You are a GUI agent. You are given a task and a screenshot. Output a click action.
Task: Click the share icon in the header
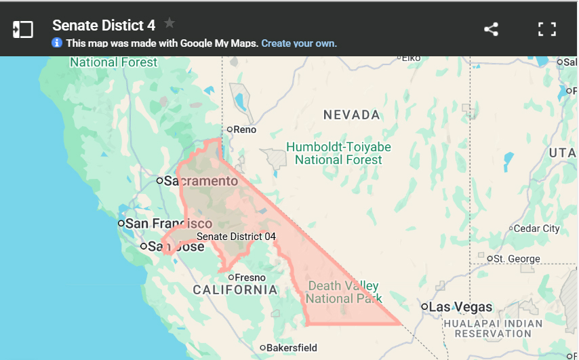(x=491, y=29)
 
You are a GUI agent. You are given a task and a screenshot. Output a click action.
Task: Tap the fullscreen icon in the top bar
(x=547, y=29)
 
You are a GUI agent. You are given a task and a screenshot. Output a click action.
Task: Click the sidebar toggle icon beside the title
(x=23, y=29)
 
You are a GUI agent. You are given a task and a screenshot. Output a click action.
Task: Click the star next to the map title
(x=169, y=24)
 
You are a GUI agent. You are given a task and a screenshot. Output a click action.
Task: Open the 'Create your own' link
(x=299, y=43)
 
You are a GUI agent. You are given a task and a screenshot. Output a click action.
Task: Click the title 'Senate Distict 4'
(x=104, y=25)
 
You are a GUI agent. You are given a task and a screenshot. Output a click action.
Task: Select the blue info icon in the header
(x=57, y=43)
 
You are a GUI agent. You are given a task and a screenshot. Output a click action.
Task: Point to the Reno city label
(x=245, y=129)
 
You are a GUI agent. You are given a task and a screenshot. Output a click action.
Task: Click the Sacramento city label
(x=201, y=181)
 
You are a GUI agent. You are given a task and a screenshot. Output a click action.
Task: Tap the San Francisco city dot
(x=121, y=223)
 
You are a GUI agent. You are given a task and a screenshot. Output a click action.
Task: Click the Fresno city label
(x=249, y=277)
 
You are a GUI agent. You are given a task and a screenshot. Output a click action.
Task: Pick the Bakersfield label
(x=292, y=348)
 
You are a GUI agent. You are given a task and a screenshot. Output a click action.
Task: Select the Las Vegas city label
(x=461, y=307)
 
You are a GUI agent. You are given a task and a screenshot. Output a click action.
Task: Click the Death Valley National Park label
(x=343, y=292)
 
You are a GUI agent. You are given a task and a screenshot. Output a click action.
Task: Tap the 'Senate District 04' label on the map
(x=236, y=237)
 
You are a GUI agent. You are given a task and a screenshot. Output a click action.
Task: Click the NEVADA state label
(x=351, y=115)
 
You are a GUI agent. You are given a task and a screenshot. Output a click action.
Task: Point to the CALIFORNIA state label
(x=235, y=290)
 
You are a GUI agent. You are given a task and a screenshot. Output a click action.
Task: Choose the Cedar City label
(x=537, y=228)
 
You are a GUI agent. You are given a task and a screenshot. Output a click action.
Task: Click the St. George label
(x=517, y=258)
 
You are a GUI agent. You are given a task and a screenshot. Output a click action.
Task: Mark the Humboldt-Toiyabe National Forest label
(x=338, y=153)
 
